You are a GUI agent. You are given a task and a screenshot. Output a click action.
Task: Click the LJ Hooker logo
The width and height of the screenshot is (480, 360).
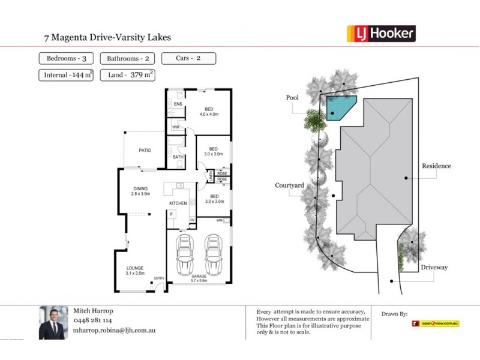pos(381,34)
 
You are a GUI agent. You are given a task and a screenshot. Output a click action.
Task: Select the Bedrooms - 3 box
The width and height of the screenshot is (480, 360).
pos(67,59)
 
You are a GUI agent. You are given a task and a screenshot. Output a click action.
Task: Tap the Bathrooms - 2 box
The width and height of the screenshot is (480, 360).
pos(128,59)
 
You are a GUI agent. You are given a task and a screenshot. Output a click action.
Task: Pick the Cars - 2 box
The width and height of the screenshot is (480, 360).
pos(188,59)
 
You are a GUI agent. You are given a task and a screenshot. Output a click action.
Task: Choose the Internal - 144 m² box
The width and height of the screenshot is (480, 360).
pos(67,75)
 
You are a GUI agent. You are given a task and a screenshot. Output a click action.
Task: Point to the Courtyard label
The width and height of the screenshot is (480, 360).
pos(290,186)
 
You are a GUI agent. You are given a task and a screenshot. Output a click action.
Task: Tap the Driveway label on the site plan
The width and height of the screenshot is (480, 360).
pos(435,267)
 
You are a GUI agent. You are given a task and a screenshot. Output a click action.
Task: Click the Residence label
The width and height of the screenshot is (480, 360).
pos(436,166)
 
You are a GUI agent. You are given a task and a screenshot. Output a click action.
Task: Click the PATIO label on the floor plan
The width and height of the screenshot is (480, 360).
pos(145,151)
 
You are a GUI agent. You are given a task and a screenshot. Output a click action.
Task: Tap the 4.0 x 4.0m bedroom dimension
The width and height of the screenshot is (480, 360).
pos(209,114)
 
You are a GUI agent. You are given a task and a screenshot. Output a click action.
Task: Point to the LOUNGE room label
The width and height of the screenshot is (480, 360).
pos(135,268)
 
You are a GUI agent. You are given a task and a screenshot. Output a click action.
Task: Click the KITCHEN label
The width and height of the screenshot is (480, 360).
pos(178,203)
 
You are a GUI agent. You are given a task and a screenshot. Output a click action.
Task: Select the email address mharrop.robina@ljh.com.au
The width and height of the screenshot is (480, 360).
pos(115,329)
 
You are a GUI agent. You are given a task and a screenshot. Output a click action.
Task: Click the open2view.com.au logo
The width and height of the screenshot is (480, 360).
pos(436,323)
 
